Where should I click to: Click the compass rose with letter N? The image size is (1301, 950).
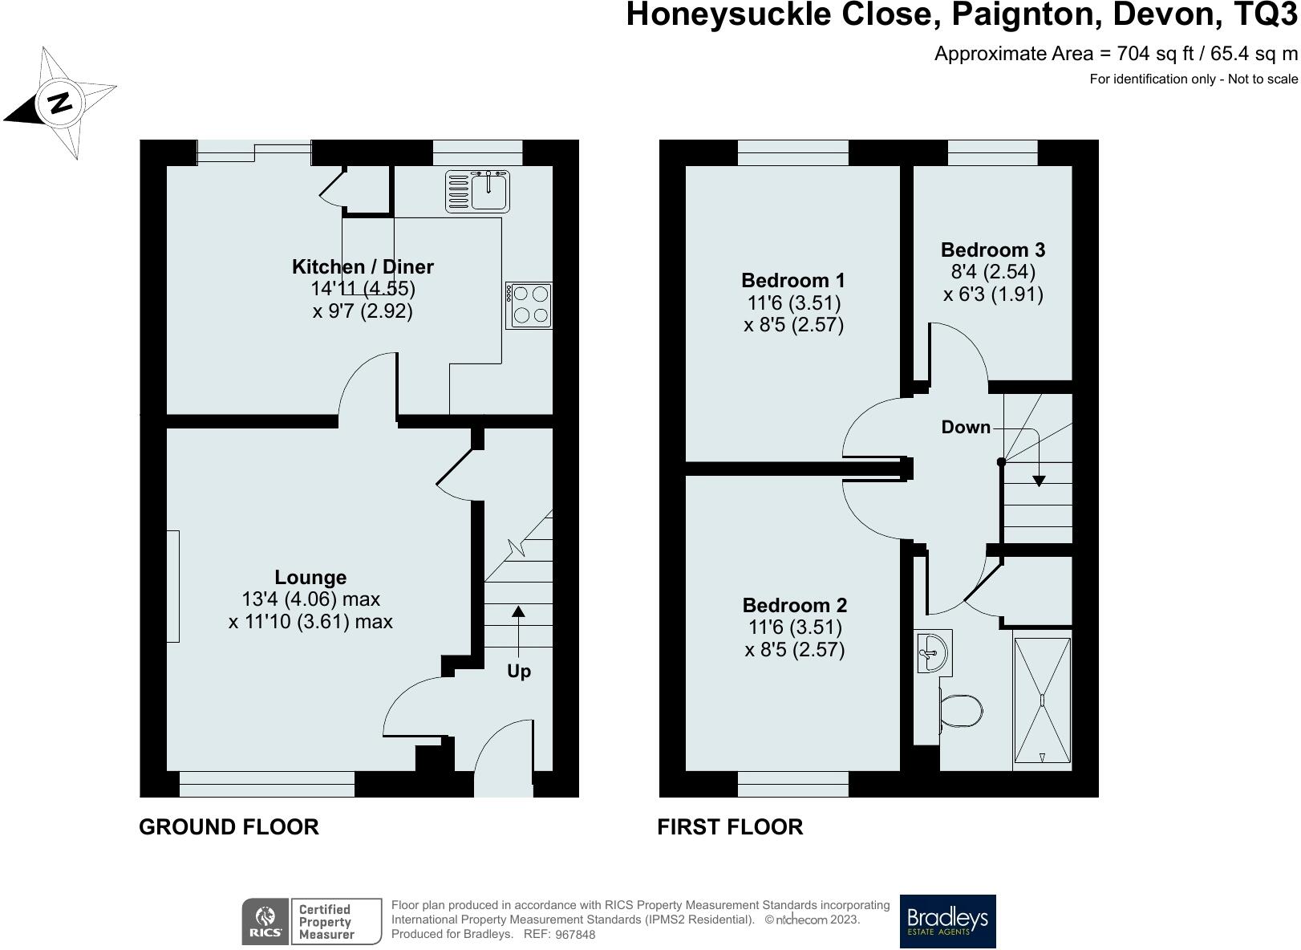click(60, 103)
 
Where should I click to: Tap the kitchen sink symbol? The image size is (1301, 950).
click(477, 192)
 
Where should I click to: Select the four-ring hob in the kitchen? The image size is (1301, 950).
click(529, 305)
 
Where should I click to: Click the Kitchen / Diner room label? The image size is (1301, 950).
click(363, 267)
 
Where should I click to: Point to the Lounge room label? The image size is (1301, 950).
click(310, 578)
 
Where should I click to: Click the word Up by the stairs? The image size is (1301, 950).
click(519, 672)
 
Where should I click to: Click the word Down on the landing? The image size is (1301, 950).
click(966, 428)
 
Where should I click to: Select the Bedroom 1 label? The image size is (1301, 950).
click(792, 281)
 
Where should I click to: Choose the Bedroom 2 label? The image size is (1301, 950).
click(794, 606)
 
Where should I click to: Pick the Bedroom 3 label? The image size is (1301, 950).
click(993, 250)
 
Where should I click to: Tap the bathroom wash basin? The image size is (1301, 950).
click(933, 652)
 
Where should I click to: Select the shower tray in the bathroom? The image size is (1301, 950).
click(1042, 700)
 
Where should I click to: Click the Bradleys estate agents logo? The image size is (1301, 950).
click(947, 921)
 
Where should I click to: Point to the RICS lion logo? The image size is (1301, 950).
click(265, 921)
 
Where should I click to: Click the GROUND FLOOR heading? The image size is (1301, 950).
click(229, 827)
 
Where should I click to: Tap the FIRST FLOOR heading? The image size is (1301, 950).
click(730, 827)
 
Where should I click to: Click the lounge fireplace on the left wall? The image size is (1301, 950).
click(172, 586)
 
